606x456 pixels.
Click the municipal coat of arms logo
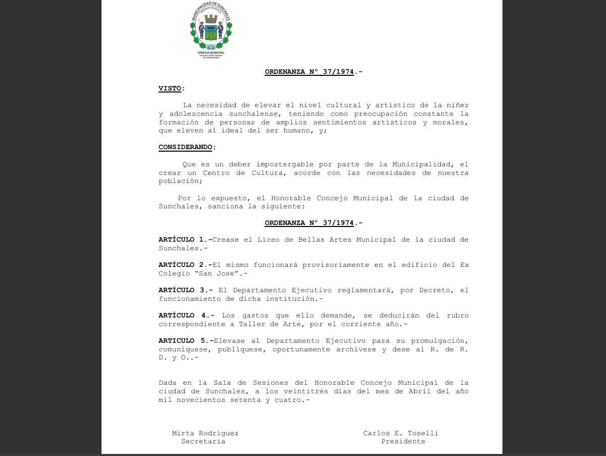click(x=211, y=30)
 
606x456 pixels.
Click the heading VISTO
click(x=170, y=88)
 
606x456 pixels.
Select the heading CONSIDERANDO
click(x=185, y=147)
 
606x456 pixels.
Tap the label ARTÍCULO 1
click(x=183, y=240)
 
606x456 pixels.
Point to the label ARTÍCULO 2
click(x=183, y=265)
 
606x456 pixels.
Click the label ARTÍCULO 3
click(x=183, y=290)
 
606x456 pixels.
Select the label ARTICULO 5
click(x=183, y=341)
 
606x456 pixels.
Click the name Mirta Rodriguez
click(x=205, y=433)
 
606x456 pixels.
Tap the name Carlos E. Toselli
click(x=400, y=433)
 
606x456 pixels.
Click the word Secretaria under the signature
click(x=203, y=441)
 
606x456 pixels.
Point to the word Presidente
click(x=403, y=441)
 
